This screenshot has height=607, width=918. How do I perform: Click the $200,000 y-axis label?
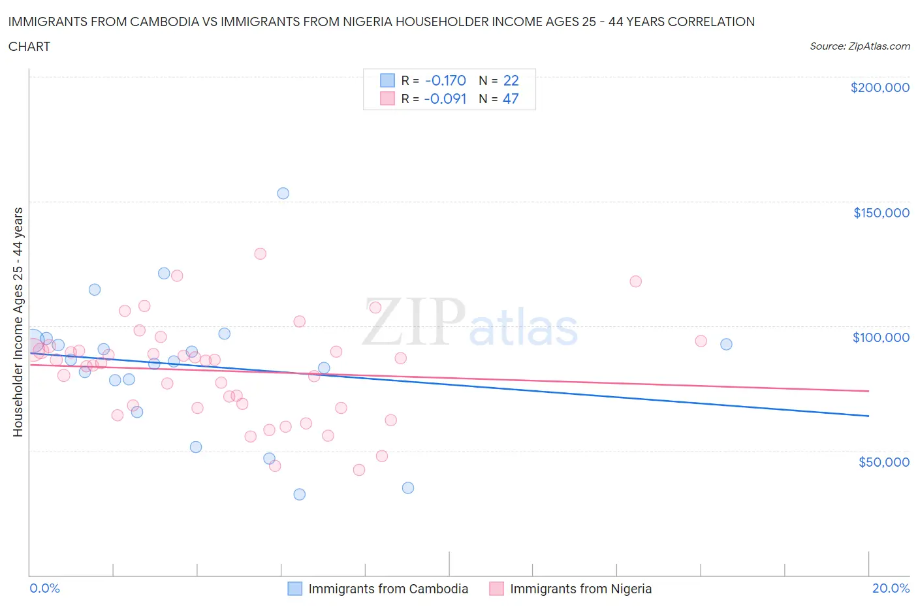(x=879, y=87)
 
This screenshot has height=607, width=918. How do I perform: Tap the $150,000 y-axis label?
(x=881, y=213)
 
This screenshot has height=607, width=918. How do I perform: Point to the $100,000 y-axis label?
(x=881, y=337)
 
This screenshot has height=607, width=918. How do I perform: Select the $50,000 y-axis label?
(x=883, y=462)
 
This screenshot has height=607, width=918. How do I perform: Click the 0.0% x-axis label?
(x=44, y=588)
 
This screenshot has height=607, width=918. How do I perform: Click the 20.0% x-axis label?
(x=891, y=588)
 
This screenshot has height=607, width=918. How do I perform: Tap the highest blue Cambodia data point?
(x=283, y=193)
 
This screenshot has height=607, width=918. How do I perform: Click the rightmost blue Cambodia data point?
(x=726, y=344)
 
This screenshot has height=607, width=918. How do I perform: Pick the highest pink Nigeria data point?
(x=260, y=254)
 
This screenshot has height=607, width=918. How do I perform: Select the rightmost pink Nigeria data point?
(x=701, y=341)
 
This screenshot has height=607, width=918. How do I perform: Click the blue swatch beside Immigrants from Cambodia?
(x=295, y=589)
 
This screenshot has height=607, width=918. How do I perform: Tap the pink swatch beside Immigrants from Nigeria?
(x=496, y=589)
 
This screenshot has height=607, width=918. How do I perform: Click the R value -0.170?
(x=445, y=80)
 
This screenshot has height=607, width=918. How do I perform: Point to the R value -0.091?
(x=445, y=99)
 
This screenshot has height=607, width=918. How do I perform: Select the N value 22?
(x=511, y=80)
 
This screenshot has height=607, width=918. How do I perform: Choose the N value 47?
(x=511, y=99)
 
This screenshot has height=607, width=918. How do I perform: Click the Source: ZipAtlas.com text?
(x=859, y=46)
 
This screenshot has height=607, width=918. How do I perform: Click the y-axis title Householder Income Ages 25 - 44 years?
(x=18, y=322)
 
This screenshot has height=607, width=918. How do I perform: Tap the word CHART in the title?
(x=29, y=46)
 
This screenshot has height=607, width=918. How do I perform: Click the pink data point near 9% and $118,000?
(x=635, y=281)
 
